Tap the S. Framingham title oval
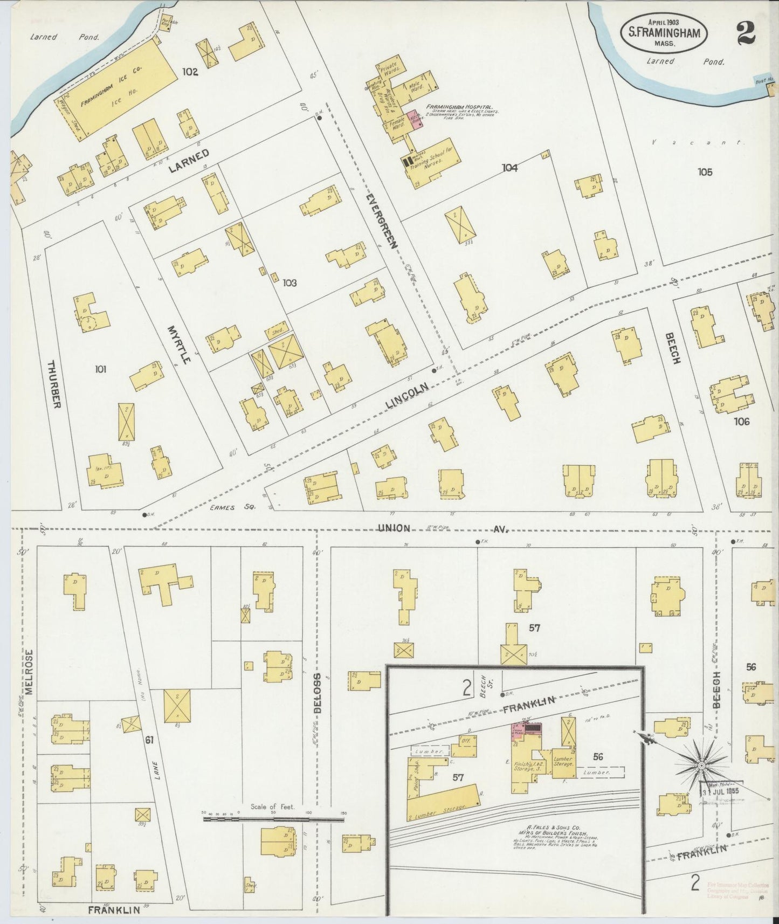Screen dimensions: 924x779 [664, 33]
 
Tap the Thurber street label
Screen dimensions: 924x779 [54, 384]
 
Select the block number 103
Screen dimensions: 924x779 [289, 282]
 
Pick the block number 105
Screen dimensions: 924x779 [705, 172]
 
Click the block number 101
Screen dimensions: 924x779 [100, 369]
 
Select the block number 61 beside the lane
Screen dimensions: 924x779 [149, 740]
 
